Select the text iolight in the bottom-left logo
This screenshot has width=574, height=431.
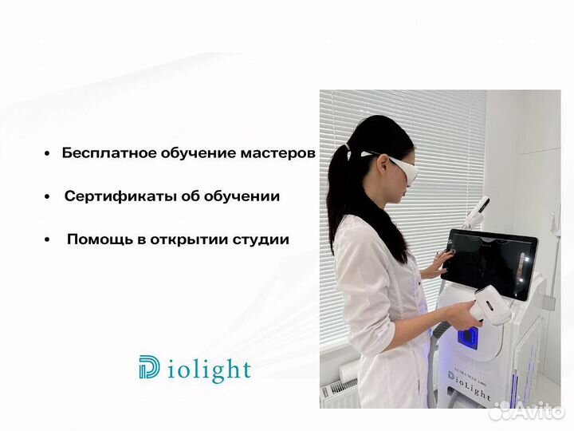(x=210, y=370)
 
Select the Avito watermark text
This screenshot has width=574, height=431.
(x=534, y=412)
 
